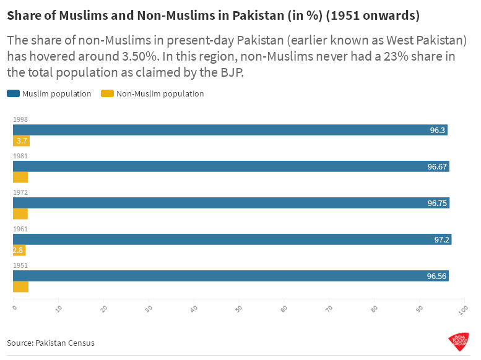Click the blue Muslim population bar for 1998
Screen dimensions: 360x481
pos(229,130)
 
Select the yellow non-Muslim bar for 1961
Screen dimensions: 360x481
pos(19,251)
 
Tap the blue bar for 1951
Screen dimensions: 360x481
pos(229,276)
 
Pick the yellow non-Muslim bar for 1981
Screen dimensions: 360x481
pos(20,178)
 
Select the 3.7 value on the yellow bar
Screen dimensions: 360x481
pos(22,141)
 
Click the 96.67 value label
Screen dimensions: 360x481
pos(438,166)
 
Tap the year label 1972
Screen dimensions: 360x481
pos(20,192)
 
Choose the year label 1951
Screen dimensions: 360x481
pos(20,265)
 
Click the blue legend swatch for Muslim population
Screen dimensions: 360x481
pos(13,94)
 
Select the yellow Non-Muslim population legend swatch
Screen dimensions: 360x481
pos(106,94)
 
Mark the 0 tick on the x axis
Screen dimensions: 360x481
pos(14,307)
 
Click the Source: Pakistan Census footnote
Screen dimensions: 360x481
pos(51,343)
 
